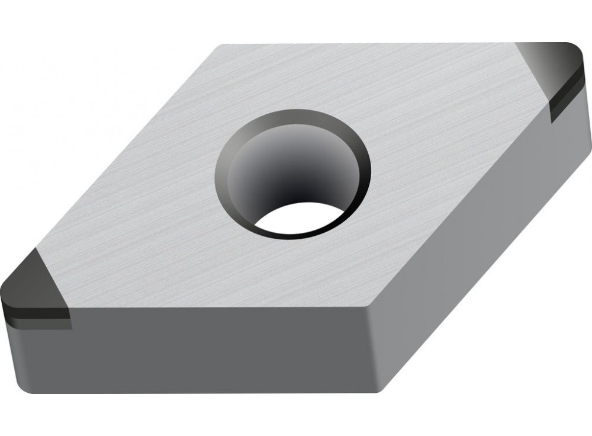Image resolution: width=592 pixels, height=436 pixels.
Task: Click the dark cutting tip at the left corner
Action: tap(33, 284)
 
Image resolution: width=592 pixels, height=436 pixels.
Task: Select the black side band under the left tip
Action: tap(36, 313)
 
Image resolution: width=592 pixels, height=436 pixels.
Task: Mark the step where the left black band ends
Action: tap(70, 323)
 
